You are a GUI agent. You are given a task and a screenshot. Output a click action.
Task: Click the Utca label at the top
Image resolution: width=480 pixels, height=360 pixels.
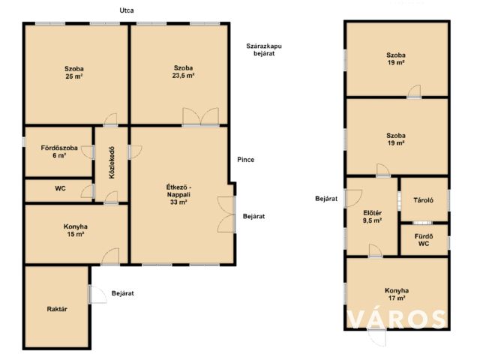(x=127, y=10)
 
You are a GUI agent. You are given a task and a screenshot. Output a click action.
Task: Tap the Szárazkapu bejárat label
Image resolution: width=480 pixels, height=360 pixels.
(x=264, y=49)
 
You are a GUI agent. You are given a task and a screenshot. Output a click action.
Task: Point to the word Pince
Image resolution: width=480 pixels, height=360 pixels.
(x=245, y=160)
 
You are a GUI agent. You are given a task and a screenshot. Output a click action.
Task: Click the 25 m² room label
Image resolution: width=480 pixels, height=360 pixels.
(x=74, y=73)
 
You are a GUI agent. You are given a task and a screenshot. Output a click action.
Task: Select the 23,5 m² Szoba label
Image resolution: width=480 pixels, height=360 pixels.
(x=183, y=72)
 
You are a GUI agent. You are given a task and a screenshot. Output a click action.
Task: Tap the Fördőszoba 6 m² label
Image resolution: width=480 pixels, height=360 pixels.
(x=59, y=151)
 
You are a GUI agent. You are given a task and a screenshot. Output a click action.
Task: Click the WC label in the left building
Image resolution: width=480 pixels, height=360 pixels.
(x=60, y=188)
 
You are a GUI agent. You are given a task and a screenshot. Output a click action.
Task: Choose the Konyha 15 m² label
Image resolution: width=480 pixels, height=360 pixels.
(x=75, y=230)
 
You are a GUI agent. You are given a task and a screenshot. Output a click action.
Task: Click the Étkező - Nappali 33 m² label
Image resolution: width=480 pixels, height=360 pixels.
(x=178, y=194)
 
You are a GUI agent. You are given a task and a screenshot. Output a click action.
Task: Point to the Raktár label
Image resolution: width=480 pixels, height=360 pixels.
(x=57, y=309)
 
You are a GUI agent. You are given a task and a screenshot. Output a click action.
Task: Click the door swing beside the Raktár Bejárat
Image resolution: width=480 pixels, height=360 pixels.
(x=98, y=294)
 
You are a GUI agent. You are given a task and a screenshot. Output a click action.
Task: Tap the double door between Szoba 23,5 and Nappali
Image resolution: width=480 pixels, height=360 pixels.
(x=201, y=117)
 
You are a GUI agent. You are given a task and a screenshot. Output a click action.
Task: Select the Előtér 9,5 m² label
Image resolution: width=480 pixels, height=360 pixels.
(x=372, y=217)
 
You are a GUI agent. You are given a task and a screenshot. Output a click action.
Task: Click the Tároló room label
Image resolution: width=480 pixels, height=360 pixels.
(x=423, y=200)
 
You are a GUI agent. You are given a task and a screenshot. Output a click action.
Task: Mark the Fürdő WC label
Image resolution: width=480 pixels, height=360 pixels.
(x=424, y=240)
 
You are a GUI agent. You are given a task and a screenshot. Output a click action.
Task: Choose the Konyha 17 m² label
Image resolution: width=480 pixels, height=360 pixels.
(x=397, y=294)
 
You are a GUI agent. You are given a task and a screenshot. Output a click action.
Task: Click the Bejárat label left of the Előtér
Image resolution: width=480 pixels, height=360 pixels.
(x=326, y=199)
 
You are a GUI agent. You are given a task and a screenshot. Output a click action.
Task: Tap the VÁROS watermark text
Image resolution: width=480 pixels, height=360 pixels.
(x=397, y=319)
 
